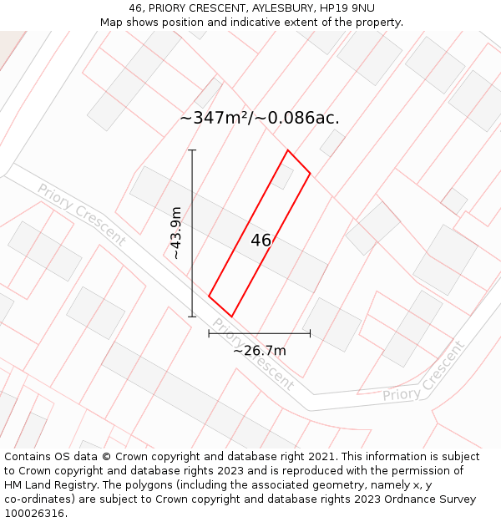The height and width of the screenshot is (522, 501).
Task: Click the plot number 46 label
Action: (261, 241)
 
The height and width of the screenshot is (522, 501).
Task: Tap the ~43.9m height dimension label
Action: (176, 233)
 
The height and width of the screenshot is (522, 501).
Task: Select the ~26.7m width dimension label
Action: (259, 351)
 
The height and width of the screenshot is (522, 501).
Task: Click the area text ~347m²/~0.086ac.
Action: (260, 118)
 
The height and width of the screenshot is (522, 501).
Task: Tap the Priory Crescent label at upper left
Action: (81, 215)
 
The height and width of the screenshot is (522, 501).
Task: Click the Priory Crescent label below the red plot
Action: (252, 354)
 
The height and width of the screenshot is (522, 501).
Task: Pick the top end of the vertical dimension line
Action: (192, 150)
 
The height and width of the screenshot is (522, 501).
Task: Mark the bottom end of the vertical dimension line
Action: (192, 317)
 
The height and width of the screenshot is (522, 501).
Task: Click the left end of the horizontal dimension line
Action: (209, 333)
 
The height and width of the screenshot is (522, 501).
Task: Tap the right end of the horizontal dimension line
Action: (310, 333)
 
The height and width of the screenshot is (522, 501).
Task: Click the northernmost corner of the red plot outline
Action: (288, 150)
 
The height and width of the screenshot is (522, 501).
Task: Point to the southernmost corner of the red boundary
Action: (231, 317)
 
